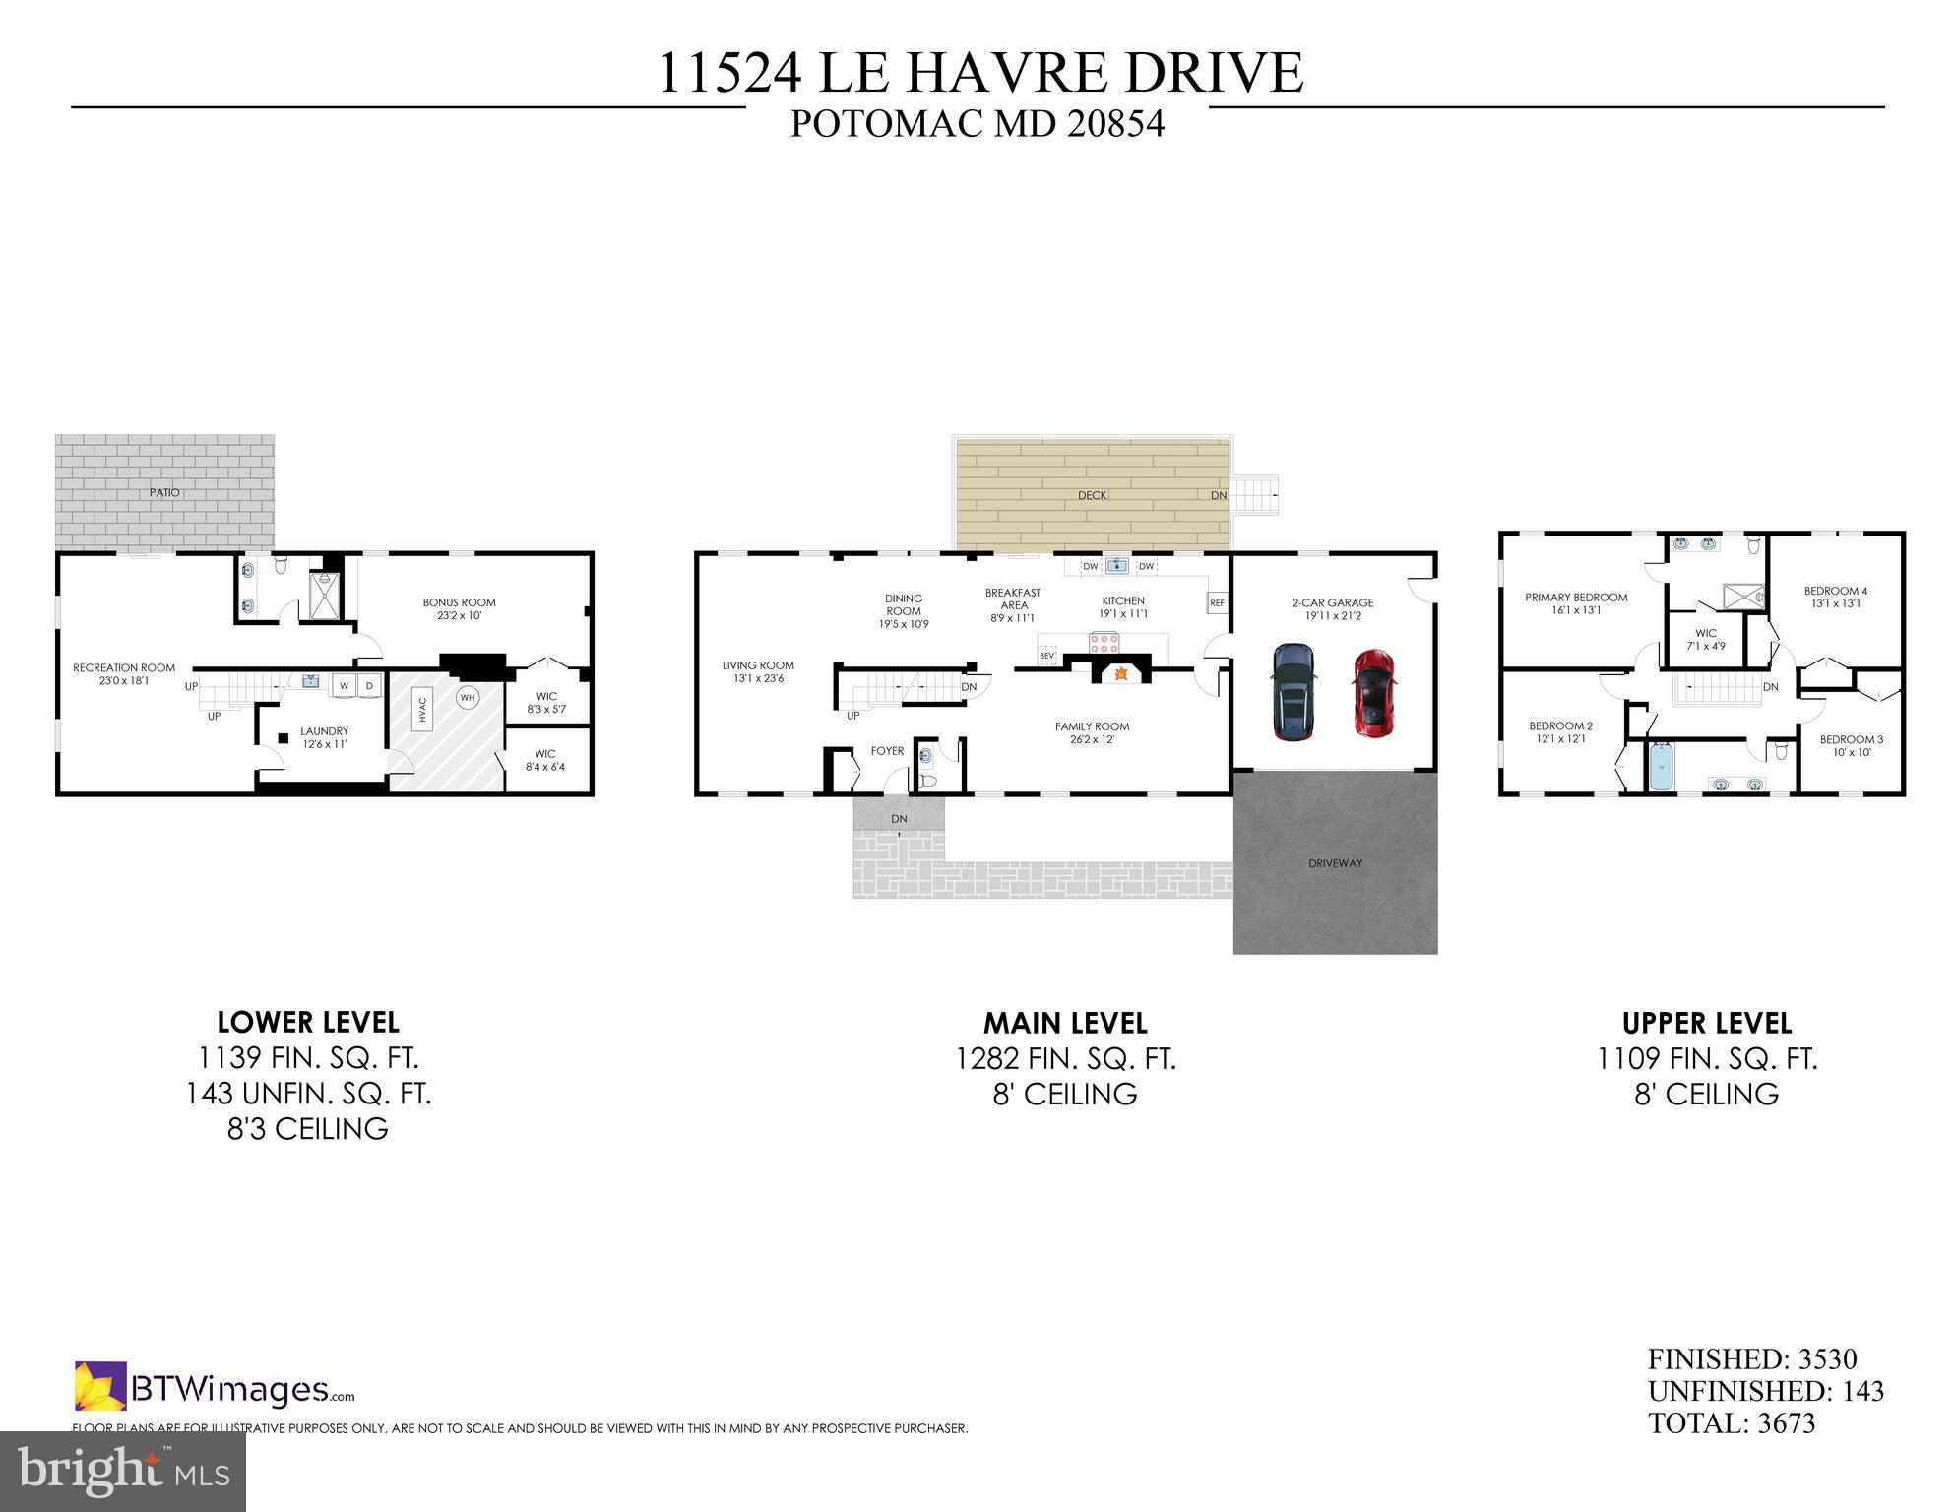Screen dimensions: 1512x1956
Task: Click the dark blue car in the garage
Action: pyautogui.click(x=1293, y=692)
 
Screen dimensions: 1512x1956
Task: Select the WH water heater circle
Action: pyautogui.click(x=467, y=697)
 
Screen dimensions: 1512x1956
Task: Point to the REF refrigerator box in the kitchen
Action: pyautogui.click(x=1218, y=602)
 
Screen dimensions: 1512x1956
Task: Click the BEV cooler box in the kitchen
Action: pyautogui.click(x=1046, y=655)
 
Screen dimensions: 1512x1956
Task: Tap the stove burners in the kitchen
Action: pyautogui.click(x=1104, y=644)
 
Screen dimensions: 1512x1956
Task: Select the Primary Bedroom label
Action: pyautogui.click(x=1576, y=598)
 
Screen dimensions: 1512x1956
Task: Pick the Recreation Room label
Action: pyautogui.click(x=124, y=668)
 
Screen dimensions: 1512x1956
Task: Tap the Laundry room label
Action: pyautogui.click(x=324, y=731)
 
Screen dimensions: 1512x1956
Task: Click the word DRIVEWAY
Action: pyautogui.click(x=1335, y=863)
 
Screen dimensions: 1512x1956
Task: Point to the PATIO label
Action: pyautogui.click(x=164, y=492)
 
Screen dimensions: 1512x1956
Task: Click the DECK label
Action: pyautogui.click(x=1092, y=495)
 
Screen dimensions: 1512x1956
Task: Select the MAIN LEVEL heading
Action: pyautogui.click(x=1065, y=1024)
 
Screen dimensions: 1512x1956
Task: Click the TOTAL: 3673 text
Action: pyautogui.click(x=1731, y=1423)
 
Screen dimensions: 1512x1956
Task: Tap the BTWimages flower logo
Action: pyautogui.click(x=100, y=1386)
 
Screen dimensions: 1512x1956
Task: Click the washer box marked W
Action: pyautogui.click(x=345, y=686)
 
